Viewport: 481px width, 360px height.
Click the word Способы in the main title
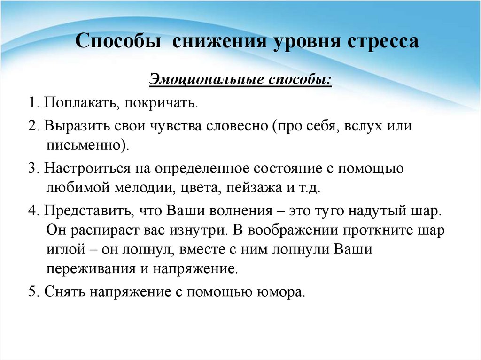point(118,41)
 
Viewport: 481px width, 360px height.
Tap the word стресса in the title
point(383,41)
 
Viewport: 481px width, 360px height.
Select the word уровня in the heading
point(306,41)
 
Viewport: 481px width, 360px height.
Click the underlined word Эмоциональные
point(207,79)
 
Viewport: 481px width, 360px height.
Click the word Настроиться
point(87,169)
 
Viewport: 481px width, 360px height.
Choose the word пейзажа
point(254,187)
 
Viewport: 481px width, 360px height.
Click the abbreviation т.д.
point(309,187)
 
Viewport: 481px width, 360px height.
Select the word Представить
point(89,211)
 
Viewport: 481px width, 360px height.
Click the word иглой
point(66,249)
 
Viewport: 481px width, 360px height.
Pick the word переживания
point(91,268)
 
